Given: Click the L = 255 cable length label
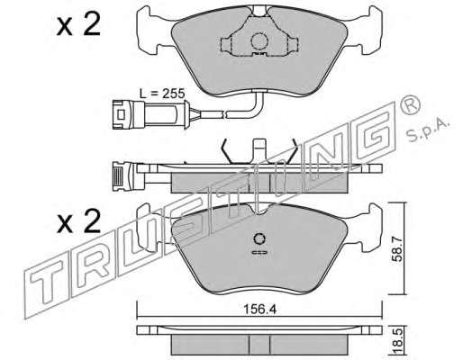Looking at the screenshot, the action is tap(162, 94).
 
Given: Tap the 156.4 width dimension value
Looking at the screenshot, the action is tap(259, 310).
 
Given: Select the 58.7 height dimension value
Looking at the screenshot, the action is tap(398, 247).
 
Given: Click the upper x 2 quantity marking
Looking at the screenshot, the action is tap(78, 25).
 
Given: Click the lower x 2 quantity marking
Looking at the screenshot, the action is tap(79, 221).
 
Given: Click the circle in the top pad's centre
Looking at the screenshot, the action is tap(259, 41).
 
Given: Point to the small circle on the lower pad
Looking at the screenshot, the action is tap(259, 239).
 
